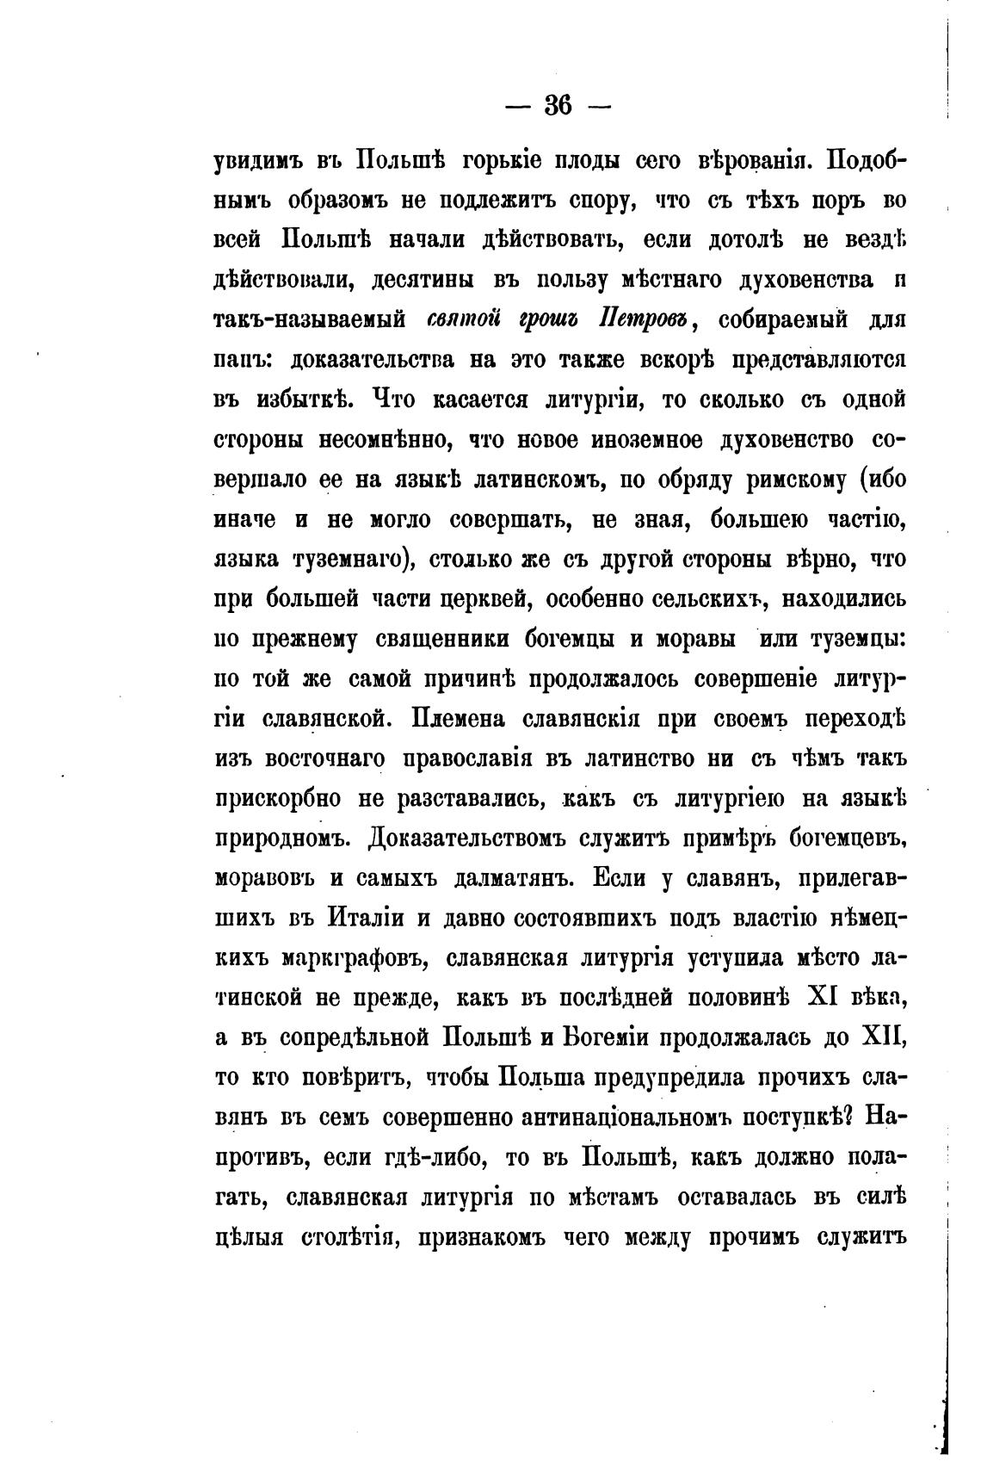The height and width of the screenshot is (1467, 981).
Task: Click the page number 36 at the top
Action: [558, 105]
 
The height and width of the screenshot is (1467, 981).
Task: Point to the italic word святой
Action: [464, 320]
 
